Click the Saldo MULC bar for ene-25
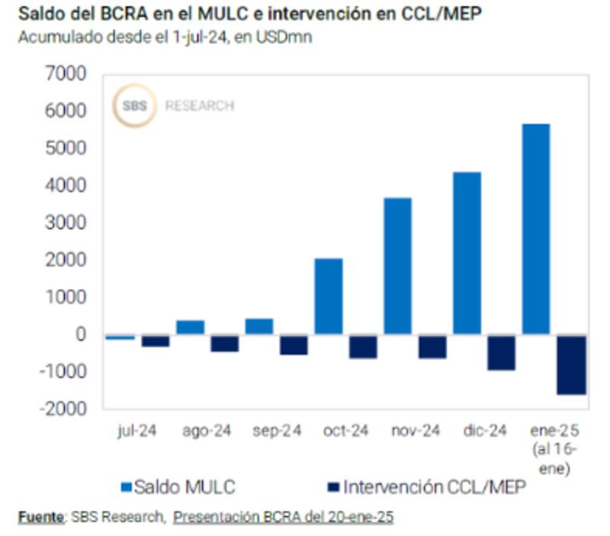536,229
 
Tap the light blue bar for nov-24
398,266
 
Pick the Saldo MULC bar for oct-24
329,296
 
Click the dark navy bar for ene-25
571,364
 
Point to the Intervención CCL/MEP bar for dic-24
502,352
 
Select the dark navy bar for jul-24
156,341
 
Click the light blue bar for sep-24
259,326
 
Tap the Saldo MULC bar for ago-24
191,327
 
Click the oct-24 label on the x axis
345,432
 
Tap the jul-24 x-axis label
137,432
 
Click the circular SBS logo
135,106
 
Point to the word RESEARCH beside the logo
199,106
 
